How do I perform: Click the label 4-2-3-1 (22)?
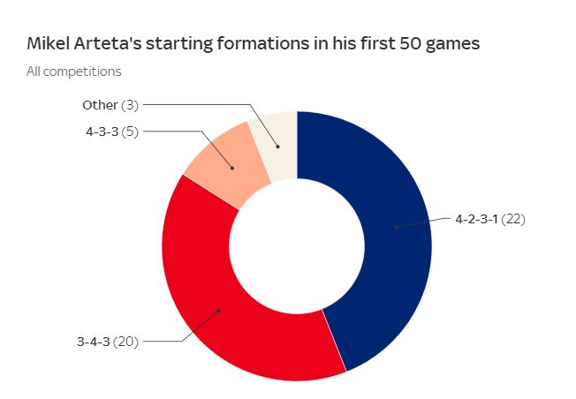point(489,220)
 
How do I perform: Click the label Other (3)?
point(110,105)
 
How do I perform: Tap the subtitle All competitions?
point(73,72)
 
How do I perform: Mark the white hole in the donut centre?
point(297,246)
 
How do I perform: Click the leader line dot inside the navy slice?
point(397,228)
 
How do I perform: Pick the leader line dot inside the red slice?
point(218,311)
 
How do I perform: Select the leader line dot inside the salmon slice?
point(232,167)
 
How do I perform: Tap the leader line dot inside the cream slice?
point(277,147)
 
